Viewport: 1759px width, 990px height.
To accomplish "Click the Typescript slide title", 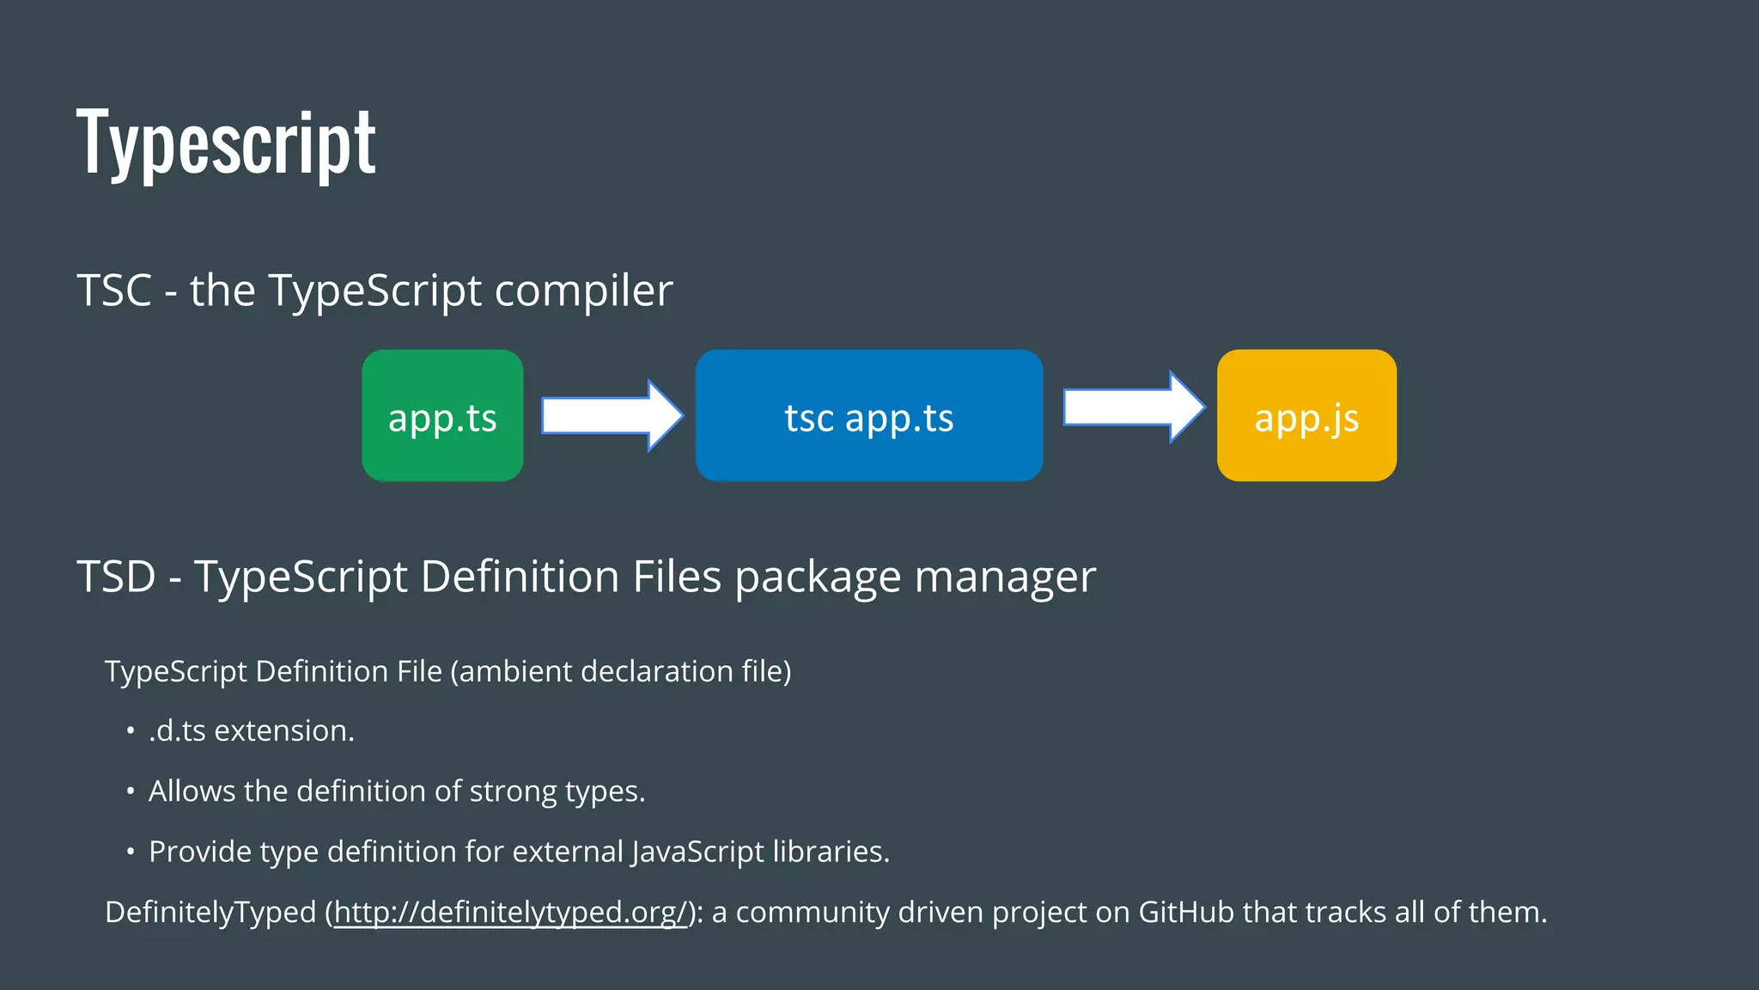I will pos(226,142).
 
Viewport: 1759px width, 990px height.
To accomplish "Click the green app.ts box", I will pos(442,416).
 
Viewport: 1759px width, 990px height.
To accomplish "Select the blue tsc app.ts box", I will pos(868,416).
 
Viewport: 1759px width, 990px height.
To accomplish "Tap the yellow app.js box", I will pos(1306,416).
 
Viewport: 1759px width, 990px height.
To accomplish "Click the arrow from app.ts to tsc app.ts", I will pos(612,416).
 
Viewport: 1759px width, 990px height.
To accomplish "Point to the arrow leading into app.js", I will pos(1133,407).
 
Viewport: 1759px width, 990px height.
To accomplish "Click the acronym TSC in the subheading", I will pos(114,290).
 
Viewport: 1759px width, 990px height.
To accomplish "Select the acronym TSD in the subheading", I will pos(116,576).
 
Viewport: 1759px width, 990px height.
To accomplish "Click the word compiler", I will pos(583,290).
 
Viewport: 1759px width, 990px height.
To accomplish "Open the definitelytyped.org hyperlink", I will pos(511,912).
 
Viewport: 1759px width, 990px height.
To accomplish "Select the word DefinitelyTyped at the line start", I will pos(210,912).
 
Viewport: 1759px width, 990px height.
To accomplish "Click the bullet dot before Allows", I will pos(131,791).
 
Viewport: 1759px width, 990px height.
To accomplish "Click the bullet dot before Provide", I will pos(131,852).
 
